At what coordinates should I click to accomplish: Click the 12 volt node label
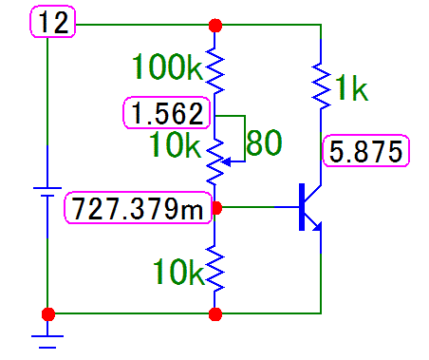pyautogui.click(x=56, y=23)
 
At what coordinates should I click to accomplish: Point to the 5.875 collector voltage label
pyautogui.click(x=365, y=151)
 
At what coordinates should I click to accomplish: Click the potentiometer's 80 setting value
pyautogui.click(x=263, y=143)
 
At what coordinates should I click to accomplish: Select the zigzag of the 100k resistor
pyautogui.click(x=215, y=68)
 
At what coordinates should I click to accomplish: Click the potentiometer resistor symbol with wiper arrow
pyautogui.click(x=216, y=158)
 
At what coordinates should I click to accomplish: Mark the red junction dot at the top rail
pyautogui.click(x=215, y=25)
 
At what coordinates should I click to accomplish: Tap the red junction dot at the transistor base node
pyautogui.click(x=215, y=205)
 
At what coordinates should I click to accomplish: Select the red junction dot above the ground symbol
pyautogui.click(x=47, y=313)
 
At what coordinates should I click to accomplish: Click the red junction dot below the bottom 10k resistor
pyautogui.click(x=215, y=313)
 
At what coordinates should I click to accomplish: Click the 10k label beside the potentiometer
pyautogui.click(x=176, y=144)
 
